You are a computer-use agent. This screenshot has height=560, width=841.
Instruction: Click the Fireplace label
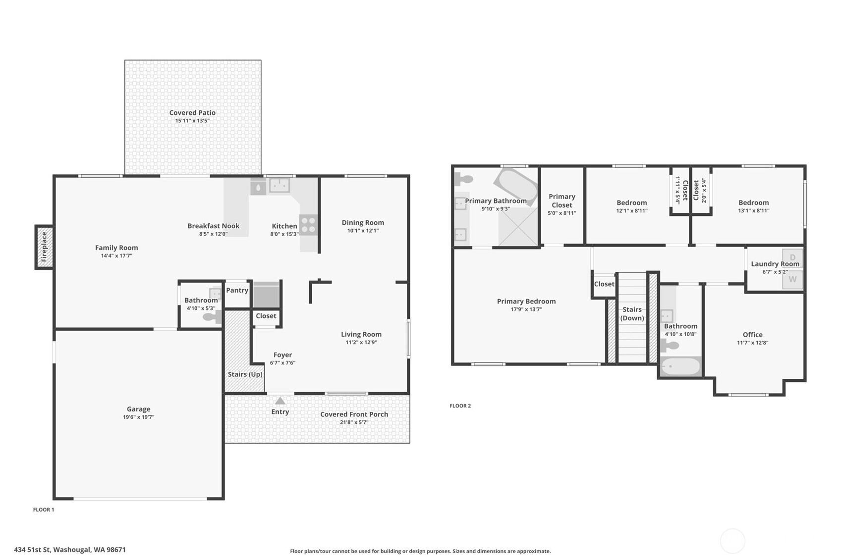[x=44, y=247]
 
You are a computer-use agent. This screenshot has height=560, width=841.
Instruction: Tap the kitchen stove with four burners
[x=308, y=225]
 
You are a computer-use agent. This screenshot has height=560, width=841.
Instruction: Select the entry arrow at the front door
[x=280, y=401]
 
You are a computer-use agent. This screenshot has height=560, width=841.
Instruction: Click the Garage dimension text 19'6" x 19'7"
[x=139, y=417]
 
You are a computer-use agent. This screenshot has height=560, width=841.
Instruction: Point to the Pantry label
[x=237, y=290]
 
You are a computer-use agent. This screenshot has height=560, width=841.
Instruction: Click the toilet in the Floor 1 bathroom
[x=212, y=317]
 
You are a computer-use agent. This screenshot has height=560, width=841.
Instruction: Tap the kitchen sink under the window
[x=280, y=185]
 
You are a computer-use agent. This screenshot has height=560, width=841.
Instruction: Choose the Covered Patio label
[x=192, y=112]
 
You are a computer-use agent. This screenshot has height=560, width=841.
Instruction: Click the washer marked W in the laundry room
[x=792, y=279]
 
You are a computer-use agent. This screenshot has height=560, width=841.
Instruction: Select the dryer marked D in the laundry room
[x=792, y=257]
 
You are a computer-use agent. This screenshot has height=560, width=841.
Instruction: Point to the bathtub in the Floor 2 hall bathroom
[x=681, y=366]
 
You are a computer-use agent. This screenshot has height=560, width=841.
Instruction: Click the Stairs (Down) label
[x=632, y=313]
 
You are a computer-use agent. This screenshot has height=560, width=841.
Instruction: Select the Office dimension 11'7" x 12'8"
[x=752, y=343]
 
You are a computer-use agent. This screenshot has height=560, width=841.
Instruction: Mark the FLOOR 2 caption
[x=460, y=406]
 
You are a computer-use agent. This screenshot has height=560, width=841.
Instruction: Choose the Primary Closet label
[x=561, y=201]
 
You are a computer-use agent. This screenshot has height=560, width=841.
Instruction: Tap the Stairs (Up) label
[x=245, y=374]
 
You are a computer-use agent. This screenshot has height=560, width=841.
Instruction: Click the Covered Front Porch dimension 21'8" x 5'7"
[x=354, y=422]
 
